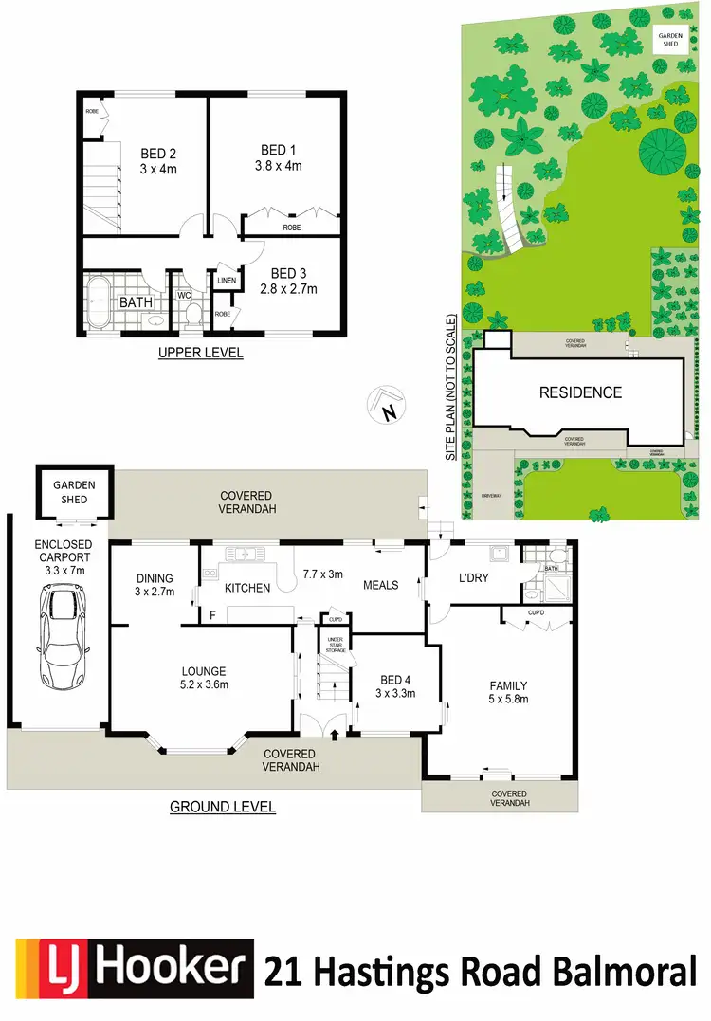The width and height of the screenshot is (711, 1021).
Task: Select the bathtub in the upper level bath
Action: (100, 302)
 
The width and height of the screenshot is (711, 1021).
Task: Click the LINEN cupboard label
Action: (227, 281)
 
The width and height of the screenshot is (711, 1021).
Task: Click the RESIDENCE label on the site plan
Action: (580, 392)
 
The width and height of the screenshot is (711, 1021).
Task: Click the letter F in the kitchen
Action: (211, 615)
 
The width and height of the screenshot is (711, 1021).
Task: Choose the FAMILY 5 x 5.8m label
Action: (508, 693)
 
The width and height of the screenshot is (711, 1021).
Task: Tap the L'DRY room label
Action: (473, 577)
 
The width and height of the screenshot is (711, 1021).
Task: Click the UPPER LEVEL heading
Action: (200, 353)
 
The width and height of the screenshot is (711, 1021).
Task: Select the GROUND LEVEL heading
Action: (223, 807)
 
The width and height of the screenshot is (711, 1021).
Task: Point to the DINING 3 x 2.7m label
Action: (154, 585)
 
